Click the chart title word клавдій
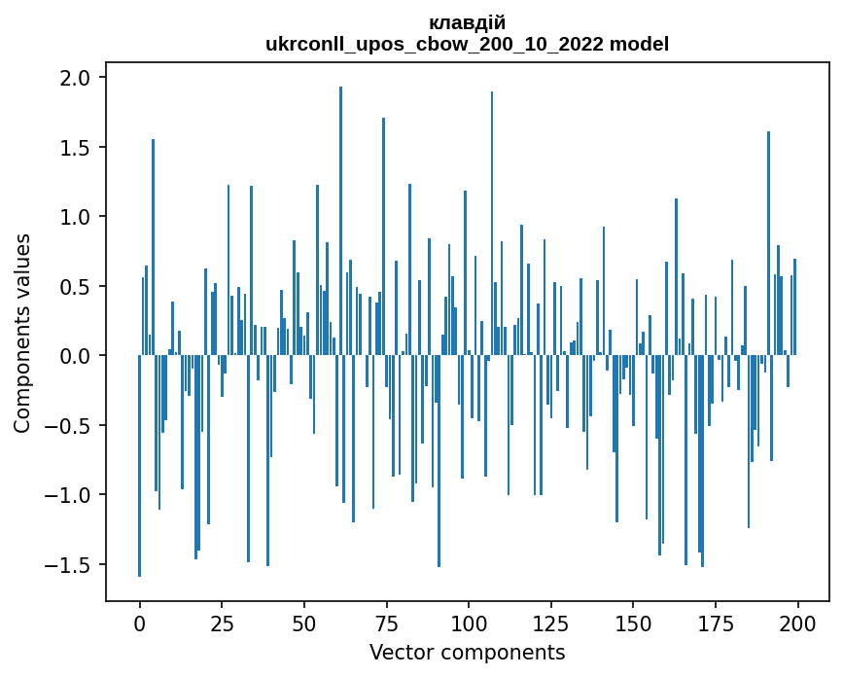(467, 22)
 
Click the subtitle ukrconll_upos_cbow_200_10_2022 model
(467, 44)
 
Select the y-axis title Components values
(21, 333)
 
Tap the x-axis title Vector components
(467, 652)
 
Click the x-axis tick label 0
(139, 622)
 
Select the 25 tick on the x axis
(222, 622)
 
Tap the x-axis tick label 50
(303, 622)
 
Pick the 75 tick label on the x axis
(386, 622)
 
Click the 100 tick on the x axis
(469, 622)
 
